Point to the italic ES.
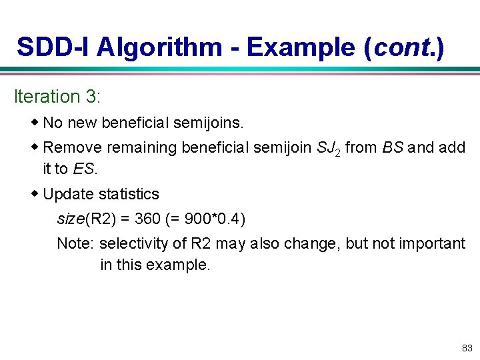point(84,169)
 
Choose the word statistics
point(129,194)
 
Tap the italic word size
point(70,219)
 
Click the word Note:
point(75,243)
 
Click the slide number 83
point(466,348)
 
